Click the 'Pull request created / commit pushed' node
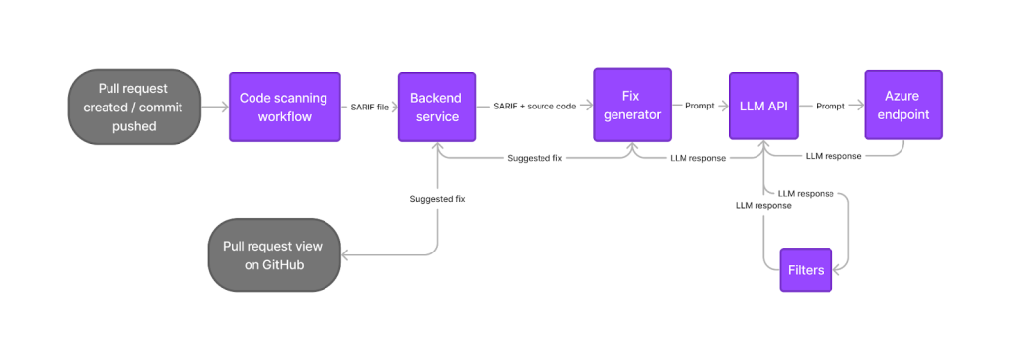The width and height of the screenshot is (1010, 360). tap(133, 107)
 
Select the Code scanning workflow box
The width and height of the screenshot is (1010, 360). tap(284, 107)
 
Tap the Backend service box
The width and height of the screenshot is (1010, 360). tap(436, 107)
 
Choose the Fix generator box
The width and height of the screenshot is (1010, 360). tap(631, 107)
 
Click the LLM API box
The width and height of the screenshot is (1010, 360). tap(762, 107)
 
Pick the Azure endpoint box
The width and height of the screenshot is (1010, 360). tap(902, 107)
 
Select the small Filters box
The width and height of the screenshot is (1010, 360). tap(806, 269)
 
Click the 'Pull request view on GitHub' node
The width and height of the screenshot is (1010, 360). tap(273, 254)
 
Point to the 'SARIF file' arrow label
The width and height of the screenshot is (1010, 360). tap(370, 106)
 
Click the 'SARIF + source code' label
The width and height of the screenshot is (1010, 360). tap(535, 106)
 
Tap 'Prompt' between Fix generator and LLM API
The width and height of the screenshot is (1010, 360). tap(700, 106)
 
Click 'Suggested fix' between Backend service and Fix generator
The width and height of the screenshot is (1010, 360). tap(536, 157)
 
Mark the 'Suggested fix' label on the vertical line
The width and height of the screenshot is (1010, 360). tap(437, 199)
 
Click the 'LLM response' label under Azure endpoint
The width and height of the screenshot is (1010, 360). tap(833, 156)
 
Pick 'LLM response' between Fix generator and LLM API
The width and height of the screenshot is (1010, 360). tap(697, 157)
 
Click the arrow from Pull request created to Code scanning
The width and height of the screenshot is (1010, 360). tap(214, 107)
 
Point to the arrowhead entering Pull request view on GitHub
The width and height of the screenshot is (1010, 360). tap(345, 254)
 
